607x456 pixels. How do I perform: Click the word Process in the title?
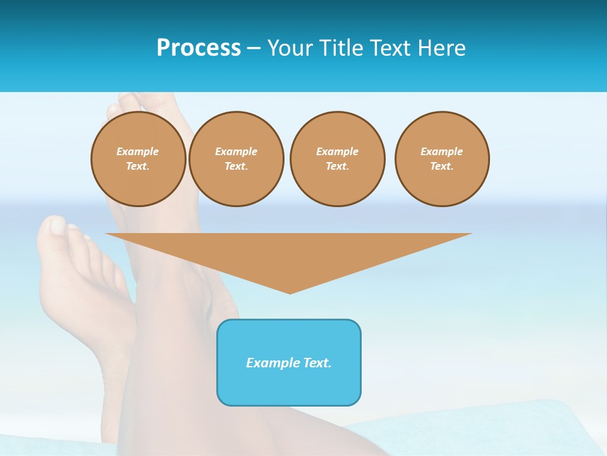coord(199,48)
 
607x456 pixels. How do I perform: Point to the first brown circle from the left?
coord(138,159)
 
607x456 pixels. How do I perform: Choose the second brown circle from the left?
coord(236,159)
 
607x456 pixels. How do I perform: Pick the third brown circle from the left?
coord(337,159)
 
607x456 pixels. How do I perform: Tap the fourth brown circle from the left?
coord(442,159)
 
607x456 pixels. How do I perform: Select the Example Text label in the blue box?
coord(289,363)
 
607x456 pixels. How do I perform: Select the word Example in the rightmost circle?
coord(442,151)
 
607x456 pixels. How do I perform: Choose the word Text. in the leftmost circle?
coord(138,167)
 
